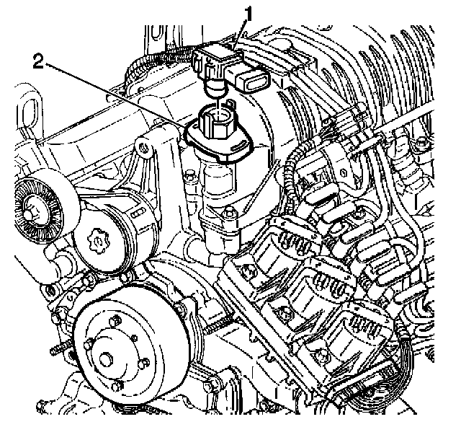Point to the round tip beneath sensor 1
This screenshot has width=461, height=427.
[216, 88]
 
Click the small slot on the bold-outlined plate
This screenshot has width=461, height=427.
[240, 147]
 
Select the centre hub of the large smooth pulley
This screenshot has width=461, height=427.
[107, 360]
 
